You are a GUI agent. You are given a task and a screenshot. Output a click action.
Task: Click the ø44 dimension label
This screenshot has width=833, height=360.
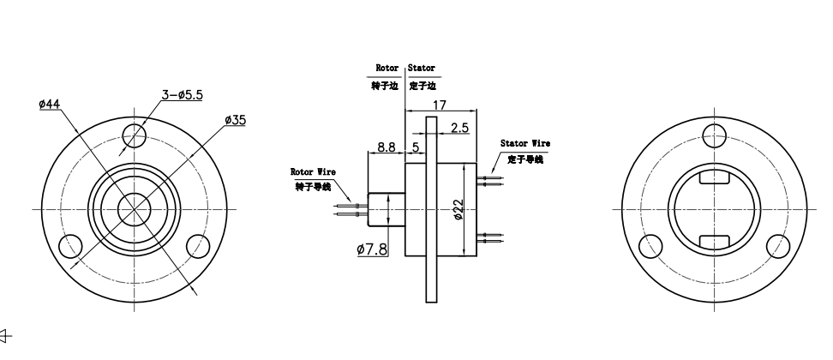(x=50, y=103)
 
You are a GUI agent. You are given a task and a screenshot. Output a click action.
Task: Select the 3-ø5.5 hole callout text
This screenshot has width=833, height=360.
(x=182, y=95)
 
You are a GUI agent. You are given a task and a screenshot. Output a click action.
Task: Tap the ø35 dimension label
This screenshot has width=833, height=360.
(x=235, y=120)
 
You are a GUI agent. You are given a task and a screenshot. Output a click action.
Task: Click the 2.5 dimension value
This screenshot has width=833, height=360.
(x=458, y=128)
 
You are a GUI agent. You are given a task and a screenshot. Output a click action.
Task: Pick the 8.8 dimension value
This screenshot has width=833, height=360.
(x=386, y=147)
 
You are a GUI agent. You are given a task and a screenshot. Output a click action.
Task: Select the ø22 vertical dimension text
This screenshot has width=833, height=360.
(x=459, y=208)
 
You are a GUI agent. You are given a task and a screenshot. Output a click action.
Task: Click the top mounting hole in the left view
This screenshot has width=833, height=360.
(x=134, y=134)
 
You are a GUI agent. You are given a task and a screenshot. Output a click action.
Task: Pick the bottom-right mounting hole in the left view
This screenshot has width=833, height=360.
(x=198, y=245)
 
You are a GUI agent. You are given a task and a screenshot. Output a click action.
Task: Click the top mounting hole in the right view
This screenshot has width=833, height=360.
(x=714, y=134)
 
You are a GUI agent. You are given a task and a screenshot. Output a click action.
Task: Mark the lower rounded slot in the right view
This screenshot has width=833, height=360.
(x=714, y=241)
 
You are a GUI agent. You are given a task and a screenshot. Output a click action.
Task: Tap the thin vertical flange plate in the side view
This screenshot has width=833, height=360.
(x=432, y=208)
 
